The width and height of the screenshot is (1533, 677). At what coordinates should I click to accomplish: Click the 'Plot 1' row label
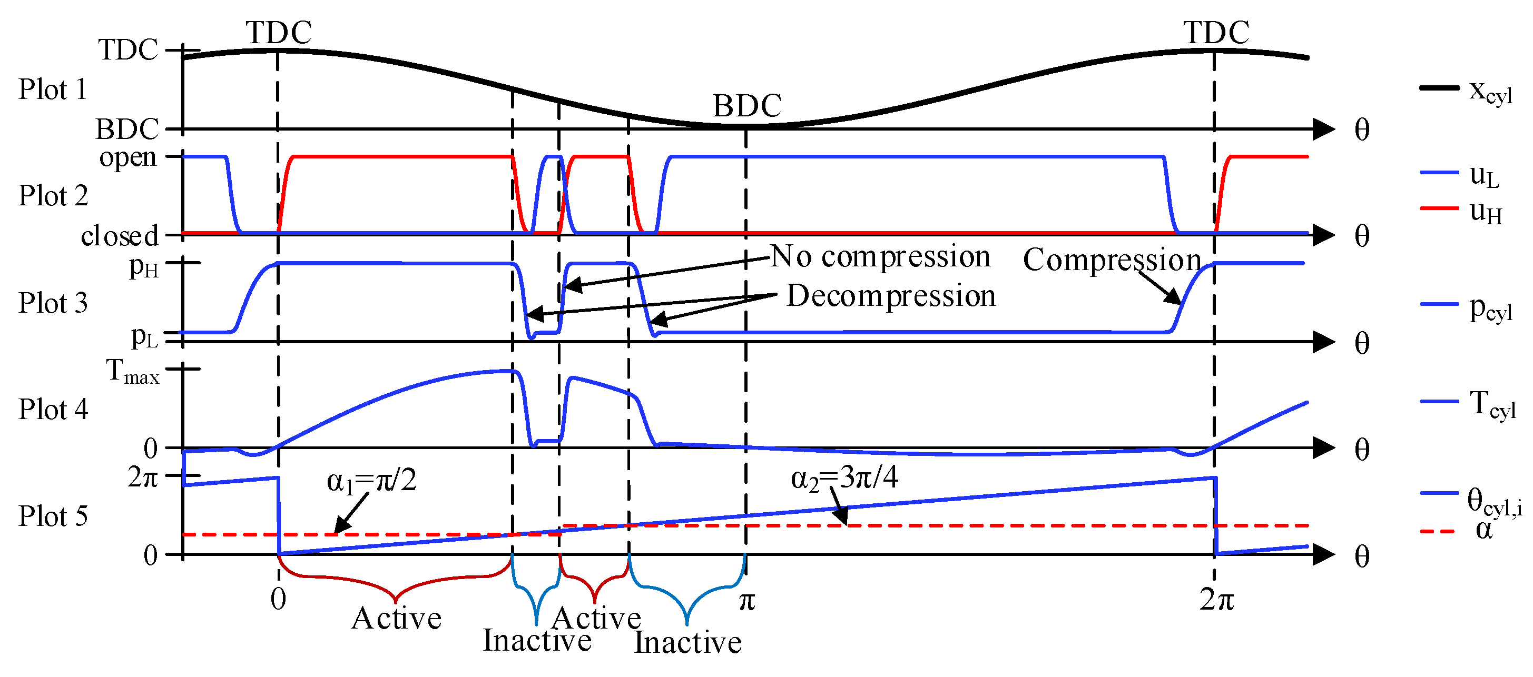(x=52, y=90)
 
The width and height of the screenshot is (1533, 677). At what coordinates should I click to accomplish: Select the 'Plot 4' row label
(x=52, y=409)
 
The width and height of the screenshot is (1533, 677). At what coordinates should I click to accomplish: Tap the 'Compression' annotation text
(x=1112, y=261)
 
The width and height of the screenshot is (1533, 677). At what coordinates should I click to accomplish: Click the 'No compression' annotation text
(x=881, y=256)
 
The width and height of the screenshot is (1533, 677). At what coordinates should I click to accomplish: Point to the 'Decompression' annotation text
(x=891, y=296)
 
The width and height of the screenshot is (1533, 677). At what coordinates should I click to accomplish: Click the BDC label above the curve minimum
(x=747, y=106)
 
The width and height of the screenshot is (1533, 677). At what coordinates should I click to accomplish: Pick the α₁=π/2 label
(x=371, y=481)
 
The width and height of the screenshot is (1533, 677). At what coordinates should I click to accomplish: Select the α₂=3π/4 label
(x=844, y=477)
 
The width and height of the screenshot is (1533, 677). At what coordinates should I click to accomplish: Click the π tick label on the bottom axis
(x=747, y=601)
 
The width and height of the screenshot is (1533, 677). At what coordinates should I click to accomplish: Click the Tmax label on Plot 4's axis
(x=133, y=372)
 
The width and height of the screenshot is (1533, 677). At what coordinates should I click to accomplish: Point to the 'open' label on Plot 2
(x=128, y=157)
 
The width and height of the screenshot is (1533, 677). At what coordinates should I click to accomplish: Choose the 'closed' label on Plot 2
(x=120, y=236)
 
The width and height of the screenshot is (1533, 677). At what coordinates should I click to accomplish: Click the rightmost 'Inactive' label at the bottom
(x=688, y=642)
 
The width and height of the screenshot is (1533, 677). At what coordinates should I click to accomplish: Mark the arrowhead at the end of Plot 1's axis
(x=1323, y=128)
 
